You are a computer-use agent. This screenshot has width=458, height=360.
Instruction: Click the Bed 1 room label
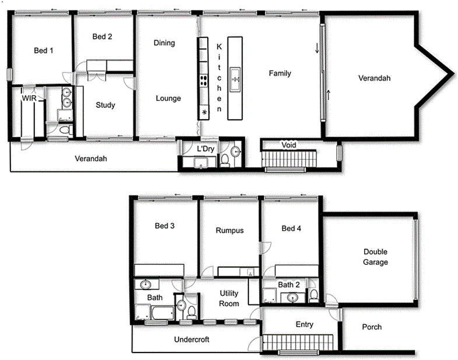pos(44,51)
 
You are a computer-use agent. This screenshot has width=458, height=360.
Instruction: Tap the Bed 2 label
pos(102,37)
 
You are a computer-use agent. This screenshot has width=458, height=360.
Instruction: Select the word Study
pos(105,106)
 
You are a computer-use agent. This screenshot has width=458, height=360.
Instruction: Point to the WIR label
pos(30,99)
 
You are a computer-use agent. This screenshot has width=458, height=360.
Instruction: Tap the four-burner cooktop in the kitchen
pos(204,81)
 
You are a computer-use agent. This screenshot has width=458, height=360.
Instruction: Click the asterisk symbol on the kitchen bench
pos(204,112)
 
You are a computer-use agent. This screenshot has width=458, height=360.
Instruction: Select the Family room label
pos(279,74)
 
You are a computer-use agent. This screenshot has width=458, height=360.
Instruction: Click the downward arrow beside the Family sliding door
pos(317,49)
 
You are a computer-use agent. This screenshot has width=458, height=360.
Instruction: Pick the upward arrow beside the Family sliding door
pos(329,95)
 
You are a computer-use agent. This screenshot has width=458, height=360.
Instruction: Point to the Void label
pos(289,145)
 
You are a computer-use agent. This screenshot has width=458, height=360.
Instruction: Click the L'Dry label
pos(205,149)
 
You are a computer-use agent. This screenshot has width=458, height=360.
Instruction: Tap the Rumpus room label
pos(229,230)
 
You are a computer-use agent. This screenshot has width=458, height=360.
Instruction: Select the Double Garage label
pos(376,257)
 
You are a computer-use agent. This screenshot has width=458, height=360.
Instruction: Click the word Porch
pos(372,327)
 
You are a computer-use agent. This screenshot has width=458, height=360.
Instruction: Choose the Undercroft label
pos(192,339)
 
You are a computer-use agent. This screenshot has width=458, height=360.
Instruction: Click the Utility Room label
pos(229,298)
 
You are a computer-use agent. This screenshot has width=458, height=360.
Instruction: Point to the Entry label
pos(305,324)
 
